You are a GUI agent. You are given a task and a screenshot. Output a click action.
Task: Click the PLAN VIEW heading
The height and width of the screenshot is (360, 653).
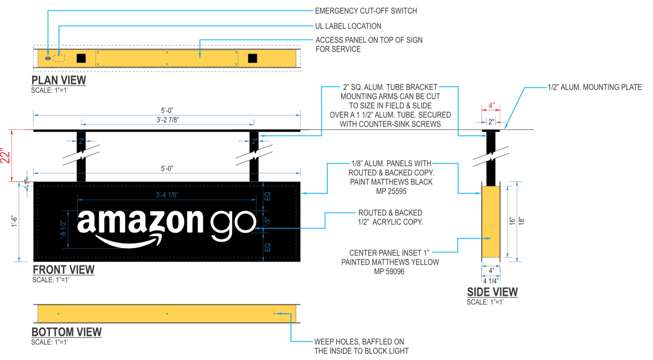click(58, 80)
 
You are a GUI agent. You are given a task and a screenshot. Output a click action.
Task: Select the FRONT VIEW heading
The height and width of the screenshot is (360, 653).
click(64, 270)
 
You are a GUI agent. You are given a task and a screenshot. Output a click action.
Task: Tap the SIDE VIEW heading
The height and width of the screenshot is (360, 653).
click(492, 292)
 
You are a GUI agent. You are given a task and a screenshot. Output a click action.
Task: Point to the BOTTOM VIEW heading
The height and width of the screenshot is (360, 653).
click(67, 332)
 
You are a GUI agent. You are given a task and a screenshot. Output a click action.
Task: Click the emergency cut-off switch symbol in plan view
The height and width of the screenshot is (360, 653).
click(48, 58)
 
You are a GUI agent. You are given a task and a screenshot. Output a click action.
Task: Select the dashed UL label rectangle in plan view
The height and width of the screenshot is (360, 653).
click(59, 58)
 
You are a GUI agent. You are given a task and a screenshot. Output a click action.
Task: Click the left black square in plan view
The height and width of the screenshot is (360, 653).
click(81, 58)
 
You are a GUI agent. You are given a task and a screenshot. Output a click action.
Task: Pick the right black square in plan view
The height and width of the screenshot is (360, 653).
click(252, 58)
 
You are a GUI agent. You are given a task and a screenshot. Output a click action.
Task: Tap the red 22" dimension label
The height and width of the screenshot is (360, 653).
click(5, 156)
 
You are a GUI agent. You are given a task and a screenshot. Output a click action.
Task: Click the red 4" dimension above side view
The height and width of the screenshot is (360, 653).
click(491, 106)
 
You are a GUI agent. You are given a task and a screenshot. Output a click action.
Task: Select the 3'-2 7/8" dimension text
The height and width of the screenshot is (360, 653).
click(168, 120)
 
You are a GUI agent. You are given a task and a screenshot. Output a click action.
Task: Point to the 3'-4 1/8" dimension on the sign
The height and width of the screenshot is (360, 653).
click(167, 195)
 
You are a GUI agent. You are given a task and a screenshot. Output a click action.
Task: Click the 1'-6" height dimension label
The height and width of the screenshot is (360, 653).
click(14, 222)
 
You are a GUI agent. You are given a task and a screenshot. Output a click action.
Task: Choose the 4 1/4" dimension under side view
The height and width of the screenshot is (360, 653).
click(491, 281)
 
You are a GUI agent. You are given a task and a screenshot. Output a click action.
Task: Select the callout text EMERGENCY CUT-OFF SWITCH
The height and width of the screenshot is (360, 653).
click(366, 11)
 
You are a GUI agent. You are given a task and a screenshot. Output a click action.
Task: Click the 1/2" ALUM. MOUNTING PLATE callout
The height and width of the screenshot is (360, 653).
click(595, 87)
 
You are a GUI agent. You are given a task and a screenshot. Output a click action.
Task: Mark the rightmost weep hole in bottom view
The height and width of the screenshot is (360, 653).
click(274, 314)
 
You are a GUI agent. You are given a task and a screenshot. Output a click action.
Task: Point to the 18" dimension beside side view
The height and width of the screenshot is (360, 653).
click(522, 221)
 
